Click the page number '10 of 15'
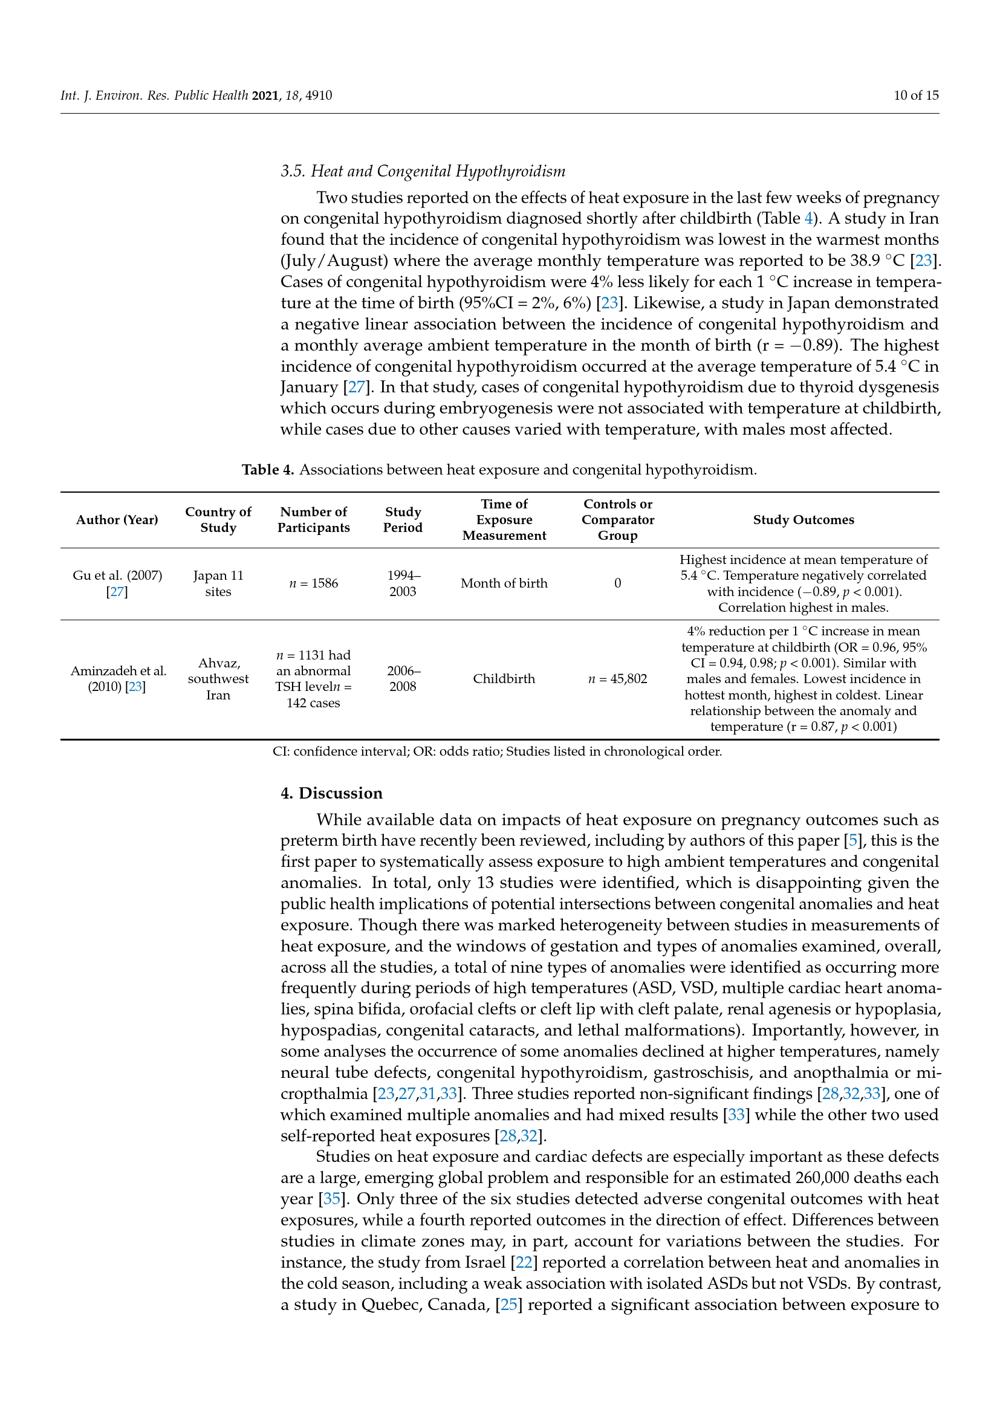click(916, 96)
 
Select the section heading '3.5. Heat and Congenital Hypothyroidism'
click(423, 171)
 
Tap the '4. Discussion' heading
click(331, 793)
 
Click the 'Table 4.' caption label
click(268, 469)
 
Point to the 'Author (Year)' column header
click(117, 520)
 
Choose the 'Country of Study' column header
click(218, 520)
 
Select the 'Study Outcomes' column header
click(803, 520)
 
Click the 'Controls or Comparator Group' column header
click(617, 520)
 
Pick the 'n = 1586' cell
click(313, 584)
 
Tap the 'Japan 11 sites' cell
click(218, 584)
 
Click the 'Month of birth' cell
click(504, 584)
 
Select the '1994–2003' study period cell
click(403, 584)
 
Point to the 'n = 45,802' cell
click(617, 679)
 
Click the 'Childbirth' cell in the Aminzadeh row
click(504, 679)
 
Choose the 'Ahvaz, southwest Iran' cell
click(218, 679)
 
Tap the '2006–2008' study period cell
click(403, 679)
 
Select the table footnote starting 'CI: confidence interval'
click(497, 752)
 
